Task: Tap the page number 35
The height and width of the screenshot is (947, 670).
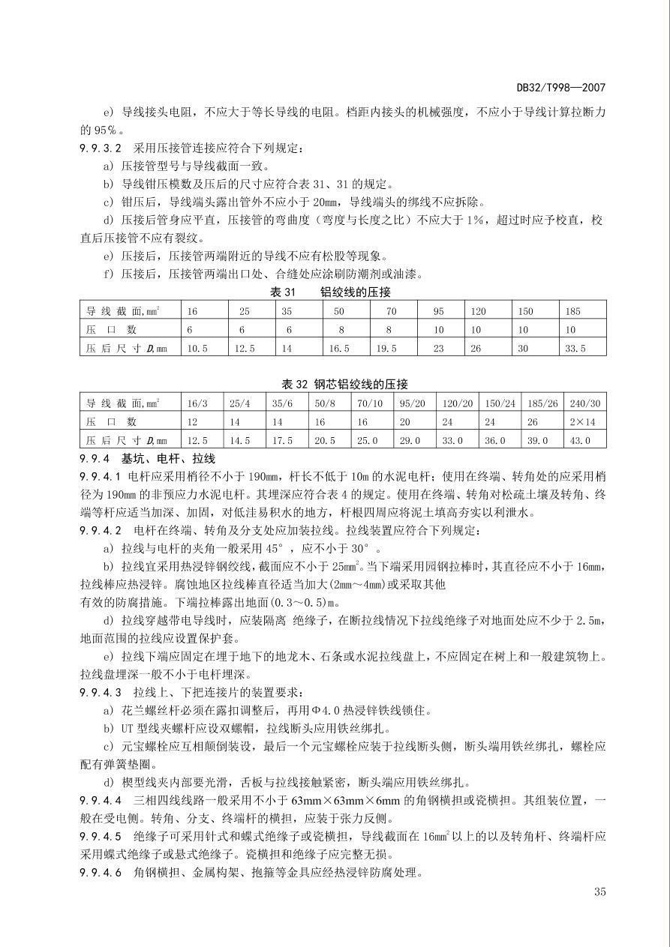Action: pyautogui.click(x=599, y=892)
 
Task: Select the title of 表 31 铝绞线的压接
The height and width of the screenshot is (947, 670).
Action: pyautogui.click(x=330, y=292)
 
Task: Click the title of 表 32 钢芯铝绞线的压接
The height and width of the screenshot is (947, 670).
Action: pyautogui.click(x=344, y=384)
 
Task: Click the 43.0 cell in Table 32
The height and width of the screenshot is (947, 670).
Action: pyautogui.click(x=580, y=441)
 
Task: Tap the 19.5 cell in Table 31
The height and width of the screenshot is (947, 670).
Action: pyautogui.click(x=386, y=349)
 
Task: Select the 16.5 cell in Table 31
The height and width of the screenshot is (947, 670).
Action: pyautogui.click(x=338, y=349)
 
